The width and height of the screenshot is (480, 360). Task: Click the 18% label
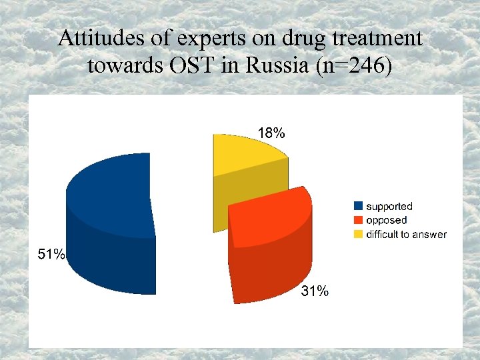(271, 133)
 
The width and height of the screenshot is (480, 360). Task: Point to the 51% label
(51, 254)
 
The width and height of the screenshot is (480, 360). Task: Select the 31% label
(314, 291)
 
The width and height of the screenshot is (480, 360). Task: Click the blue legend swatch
(358, 207)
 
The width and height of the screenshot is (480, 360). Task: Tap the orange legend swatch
(358, 220)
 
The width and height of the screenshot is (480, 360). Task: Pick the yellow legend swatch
(358, 234)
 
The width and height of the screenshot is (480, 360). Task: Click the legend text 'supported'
(389, 207)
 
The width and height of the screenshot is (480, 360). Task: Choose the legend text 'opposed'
(386, 220)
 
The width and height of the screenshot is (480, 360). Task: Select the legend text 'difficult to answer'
(406, 234)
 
